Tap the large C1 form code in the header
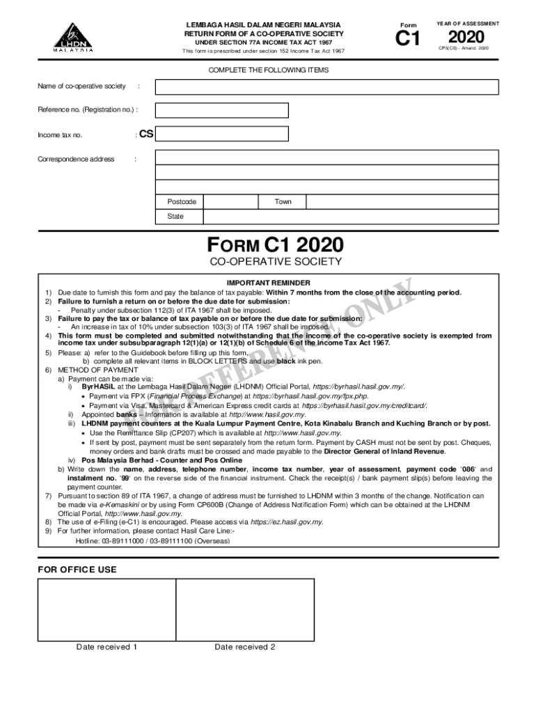point(408,39)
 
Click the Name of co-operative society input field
point(327,86)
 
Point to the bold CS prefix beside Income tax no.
point(146,134)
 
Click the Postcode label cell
point(182,202)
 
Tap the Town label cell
point(283,202)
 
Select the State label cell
point(175,217)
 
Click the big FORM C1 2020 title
point(275,246)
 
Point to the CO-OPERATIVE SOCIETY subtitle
point(276,263)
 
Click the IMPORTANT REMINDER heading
point(269,283)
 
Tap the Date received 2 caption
point(245,647)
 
